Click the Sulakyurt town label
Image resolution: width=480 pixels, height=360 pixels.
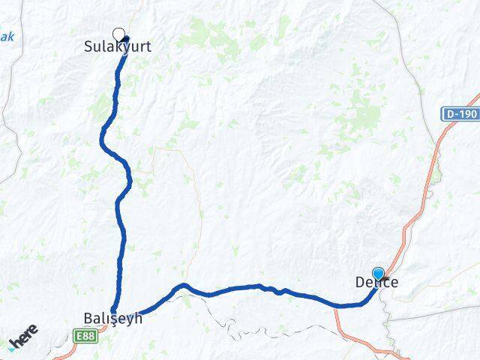(x=117, y=46)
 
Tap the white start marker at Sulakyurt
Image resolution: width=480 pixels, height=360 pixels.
(x=118, y=34)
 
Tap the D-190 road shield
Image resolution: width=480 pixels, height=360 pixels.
(x=460, y=114)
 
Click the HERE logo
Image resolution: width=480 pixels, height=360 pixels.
(x=23, y=340)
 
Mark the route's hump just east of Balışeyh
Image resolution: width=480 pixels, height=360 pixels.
(x=181, y=286)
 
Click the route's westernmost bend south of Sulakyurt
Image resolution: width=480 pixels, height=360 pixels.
(x=103, y=136)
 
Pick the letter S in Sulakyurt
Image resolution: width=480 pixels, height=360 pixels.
(x=87, y=46)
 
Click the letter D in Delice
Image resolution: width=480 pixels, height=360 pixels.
(x=358, y=283)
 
